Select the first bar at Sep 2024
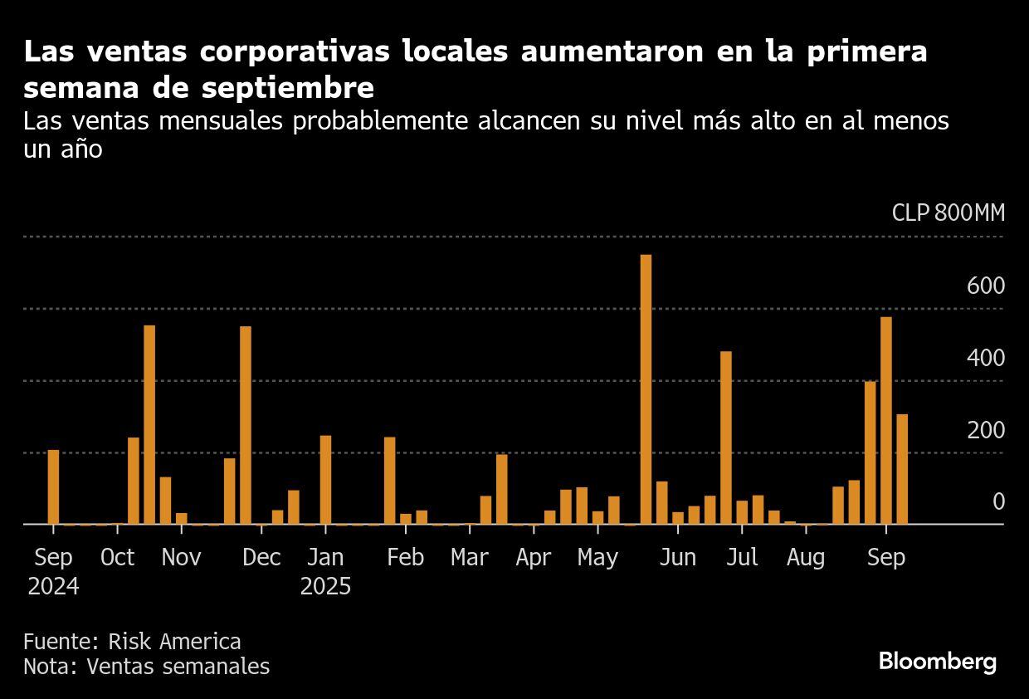tap(53, 486)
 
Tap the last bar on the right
tap(902, 469)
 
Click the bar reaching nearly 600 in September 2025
tap(885, 420)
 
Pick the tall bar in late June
tap(726, 437)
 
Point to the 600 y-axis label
tap(985, 286)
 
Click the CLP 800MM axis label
tap(948, 213)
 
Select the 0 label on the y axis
tap(998, 502)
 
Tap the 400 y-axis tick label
tap(985, 359)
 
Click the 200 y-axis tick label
tap(985, 431)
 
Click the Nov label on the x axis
tap(181, 558)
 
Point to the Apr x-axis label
tap(533, 558)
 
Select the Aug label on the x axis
tap(805, 558)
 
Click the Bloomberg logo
tap(937, 662)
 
